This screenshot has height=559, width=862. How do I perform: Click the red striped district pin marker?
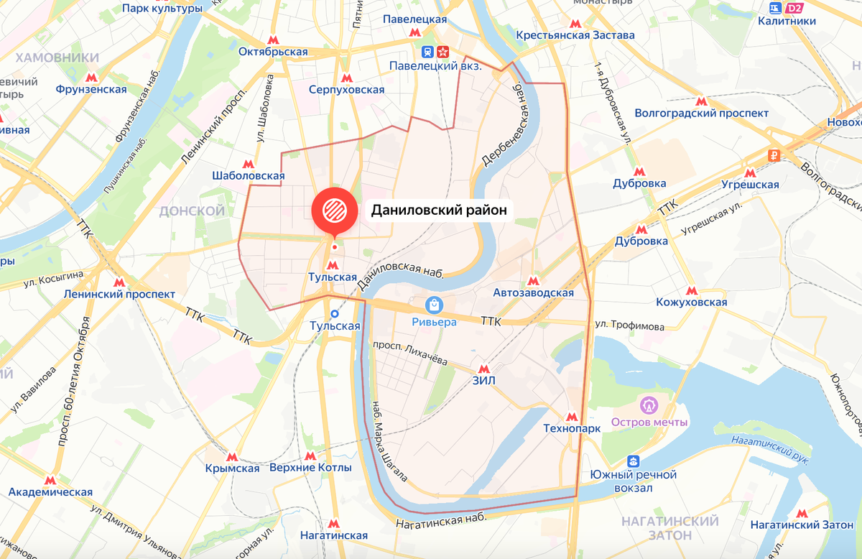pyautogui.click(x=334, y=209)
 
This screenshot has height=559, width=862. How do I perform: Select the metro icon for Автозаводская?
pyautogui.click(x=533, y=280)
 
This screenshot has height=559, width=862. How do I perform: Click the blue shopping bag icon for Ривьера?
pyautogui.click(x=434, y=305)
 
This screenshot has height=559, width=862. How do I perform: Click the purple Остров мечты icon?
pyautogui.click(x=649, y=406)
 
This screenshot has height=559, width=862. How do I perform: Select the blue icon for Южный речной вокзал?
pyautogui.click(x=633, y=461)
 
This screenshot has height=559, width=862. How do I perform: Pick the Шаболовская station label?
pyautogui.click(x=249, y=176)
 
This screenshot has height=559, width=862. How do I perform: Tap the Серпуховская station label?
pyautogui.click(x=346, y=90)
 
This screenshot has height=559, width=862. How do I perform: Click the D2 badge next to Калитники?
pyautogui.click(x=794, y=8)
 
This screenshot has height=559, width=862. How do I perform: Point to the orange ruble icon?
pyautogui.click(x=774, y=154)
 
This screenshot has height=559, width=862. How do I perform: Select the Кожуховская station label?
pyautogui.click(x=691, y=302)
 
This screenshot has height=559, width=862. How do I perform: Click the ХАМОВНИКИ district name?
pyautogui.click(x=57, y=57)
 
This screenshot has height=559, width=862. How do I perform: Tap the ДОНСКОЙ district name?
pyautogui.click(x=192, y=211)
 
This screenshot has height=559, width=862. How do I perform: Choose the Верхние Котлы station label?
pyautogui.click(x=310, y=468)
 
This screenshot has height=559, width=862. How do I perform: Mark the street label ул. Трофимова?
pyautogui.click(x=629, y=326)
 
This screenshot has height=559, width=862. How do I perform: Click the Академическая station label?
pyautogui.click(x=50, y=492)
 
